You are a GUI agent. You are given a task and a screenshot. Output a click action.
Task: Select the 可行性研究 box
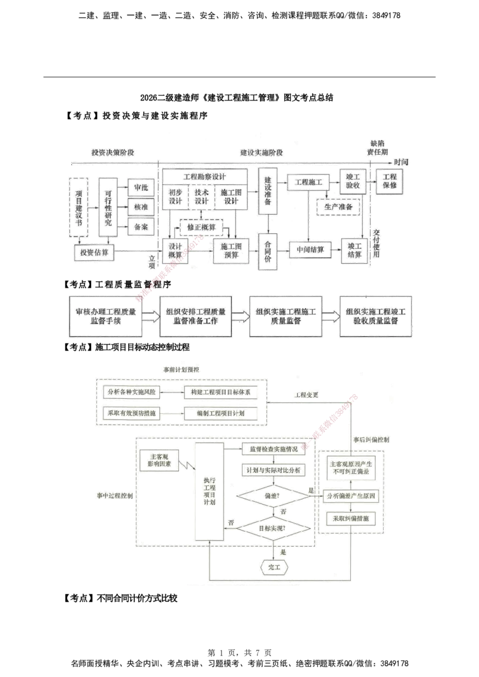click(x=108, y=207)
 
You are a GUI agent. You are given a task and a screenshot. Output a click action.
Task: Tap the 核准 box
click(x=141, y=206)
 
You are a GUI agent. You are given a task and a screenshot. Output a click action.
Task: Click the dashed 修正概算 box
click(x=201, y=227)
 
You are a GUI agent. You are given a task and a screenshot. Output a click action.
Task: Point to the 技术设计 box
click(x=201, y=197)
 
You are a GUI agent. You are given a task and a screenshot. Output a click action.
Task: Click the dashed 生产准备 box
click(x=339, y=206)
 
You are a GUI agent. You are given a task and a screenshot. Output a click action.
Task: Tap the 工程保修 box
click(x=390, y=181)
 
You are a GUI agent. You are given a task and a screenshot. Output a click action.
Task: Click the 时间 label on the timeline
click(x=401, y=162)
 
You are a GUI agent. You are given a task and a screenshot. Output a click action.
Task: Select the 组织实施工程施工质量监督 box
click(x=285, y=316)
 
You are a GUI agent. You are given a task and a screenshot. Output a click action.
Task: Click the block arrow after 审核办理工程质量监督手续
click(x=151, y=316)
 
